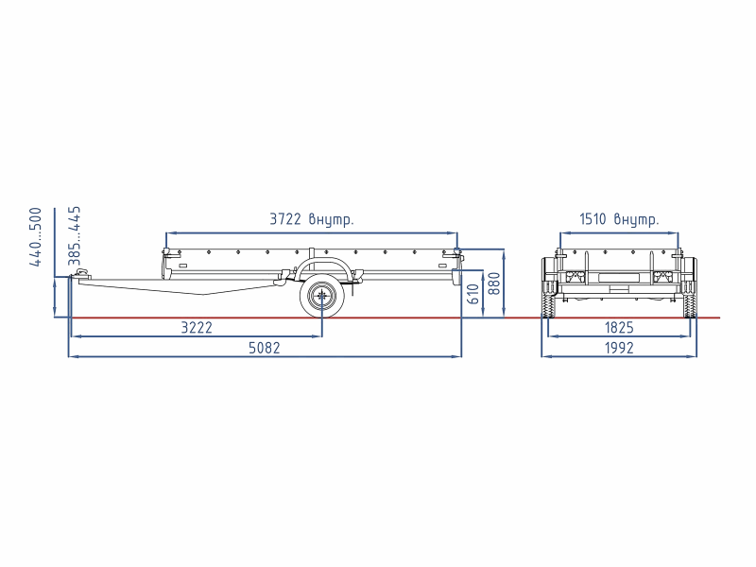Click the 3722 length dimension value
(285, 219)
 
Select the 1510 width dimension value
(593, 219)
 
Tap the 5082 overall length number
(265, 348)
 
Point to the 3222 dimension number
(197, 328)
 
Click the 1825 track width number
(619, 328)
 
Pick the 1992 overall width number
(619, 348)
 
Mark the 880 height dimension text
(494, 283)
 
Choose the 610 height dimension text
(473, 294)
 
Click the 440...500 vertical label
(36, 237)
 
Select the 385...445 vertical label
(75, 236)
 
